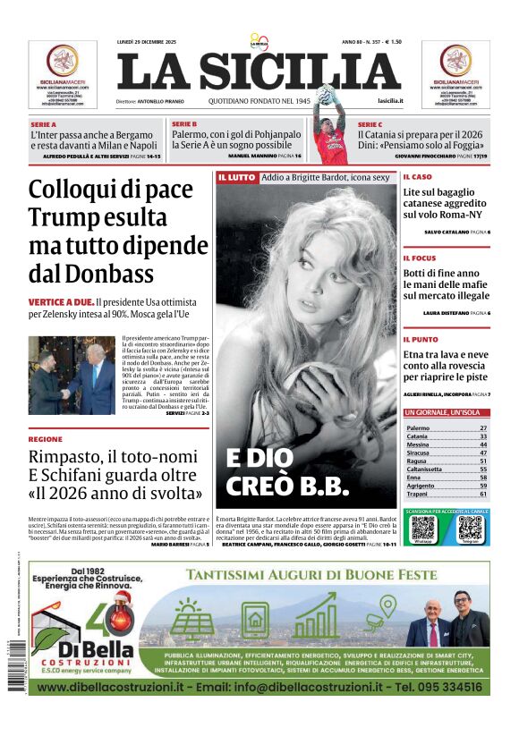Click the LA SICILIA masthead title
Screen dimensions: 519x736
pos(259,72)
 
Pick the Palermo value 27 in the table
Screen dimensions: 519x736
pos(483,428)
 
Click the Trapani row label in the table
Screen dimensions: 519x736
pos(418,494)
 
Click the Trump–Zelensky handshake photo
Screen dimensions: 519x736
pos(72,375)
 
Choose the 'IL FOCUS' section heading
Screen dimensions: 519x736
pos(419,258)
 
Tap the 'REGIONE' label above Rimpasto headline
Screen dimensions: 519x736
pos(46,439)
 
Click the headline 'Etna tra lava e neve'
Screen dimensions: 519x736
pos(445,354)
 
